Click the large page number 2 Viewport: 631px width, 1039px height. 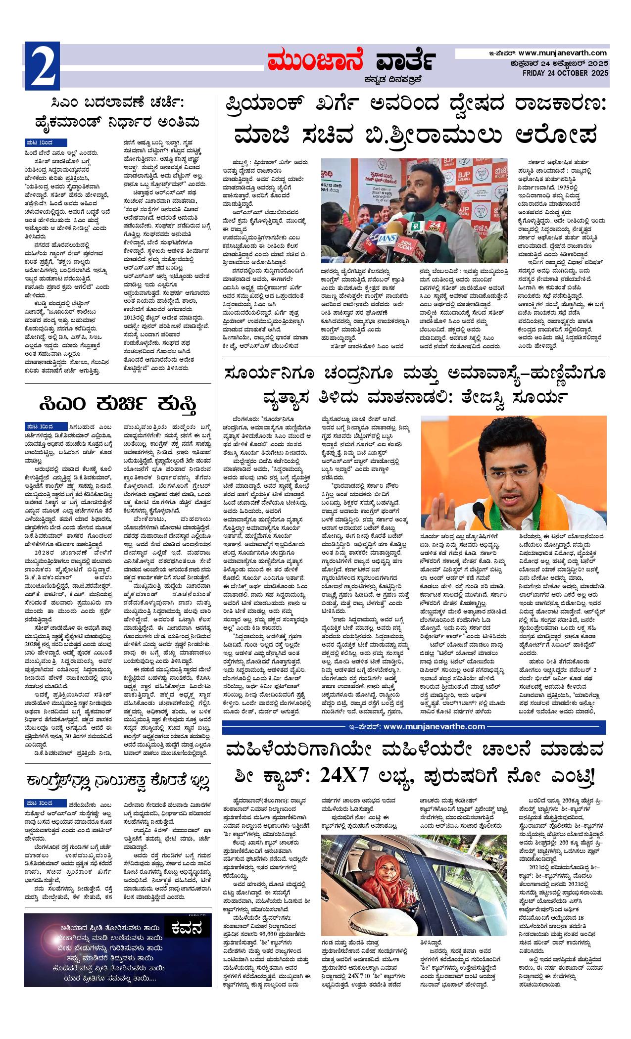point(42,67)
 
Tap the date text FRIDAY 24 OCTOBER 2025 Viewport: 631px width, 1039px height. point(565,74)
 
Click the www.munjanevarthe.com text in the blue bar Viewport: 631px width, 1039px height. point(434,727)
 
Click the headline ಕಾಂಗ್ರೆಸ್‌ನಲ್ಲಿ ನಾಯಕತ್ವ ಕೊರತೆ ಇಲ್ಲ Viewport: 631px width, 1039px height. point(118,781)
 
